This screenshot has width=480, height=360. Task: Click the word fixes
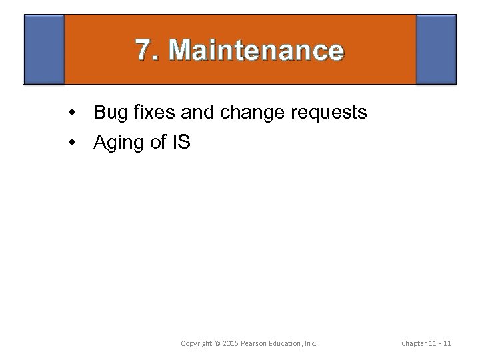(x=153, y=112)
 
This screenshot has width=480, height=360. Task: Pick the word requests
(x=329, y=113)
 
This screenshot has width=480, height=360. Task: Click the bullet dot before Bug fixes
(x=71, y=113)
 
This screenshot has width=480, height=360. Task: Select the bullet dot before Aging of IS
(x=71, y=142)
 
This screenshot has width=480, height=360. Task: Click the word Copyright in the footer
(x=199, y=343)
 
